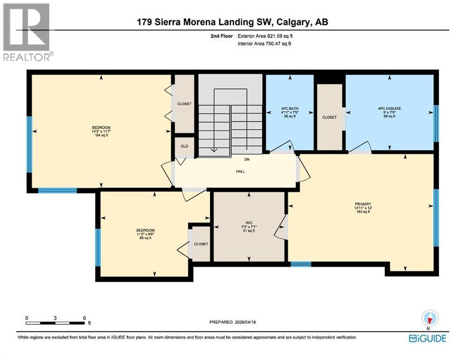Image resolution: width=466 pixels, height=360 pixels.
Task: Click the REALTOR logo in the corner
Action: point(27,32)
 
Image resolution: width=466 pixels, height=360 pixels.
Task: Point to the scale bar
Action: point(56,322)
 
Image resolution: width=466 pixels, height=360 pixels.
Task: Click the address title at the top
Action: point(233,22)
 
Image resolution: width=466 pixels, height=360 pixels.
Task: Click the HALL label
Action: point(240,171)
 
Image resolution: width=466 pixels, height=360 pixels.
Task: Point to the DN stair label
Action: point(246,159)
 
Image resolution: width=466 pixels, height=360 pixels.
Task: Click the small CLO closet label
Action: point(185,146)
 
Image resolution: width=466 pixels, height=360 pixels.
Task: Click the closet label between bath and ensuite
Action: point(329,117)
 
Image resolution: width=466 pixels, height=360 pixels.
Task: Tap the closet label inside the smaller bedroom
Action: point(201,244)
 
